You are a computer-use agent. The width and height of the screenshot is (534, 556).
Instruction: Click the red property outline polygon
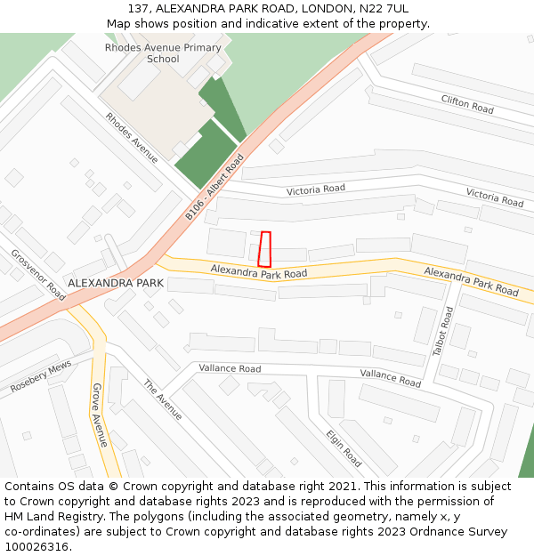tap(264, 249)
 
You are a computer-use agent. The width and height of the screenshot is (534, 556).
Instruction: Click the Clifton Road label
tap(467, 104)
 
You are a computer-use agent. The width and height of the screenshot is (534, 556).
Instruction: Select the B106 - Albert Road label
tap(214, 188)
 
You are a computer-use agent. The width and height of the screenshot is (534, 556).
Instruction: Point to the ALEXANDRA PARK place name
tap(116, 283)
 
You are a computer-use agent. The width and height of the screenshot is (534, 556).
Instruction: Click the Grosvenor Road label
tap(38, 273)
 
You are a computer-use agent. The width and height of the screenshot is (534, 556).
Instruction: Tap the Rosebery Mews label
tap(41, 378)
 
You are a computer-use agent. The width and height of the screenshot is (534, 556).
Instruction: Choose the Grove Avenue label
tap(100, 415)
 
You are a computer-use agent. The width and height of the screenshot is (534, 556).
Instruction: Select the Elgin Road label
tap(344, 447)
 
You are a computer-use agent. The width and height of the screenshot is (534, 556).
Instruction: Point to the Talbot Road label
tap(443, 332)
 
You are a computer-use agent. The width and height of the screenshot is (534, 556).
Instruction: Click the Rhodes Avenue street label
tap(132, 138)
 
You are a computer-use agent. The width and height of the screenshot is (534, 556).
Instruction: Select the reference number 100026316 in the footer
tap(37, 547)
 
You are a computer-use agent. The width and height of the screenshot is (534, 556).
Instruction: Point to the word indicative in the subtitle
tap(288, 23)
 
